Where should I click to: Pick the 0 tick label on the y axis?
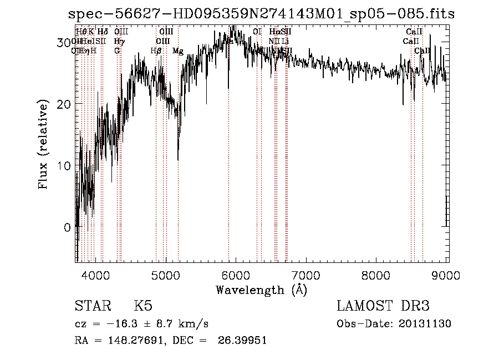point(67,227)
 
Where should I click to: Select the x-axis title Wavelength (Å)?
point(261,290)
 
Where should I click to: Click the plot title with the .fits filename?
point(261,14)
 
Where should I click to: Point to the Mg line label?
point(177,51)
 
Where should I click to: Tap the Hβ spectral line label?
point(156,51)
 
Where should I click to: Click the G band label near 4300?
point(117,51)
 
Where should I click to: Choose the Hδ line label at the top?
point(103,32)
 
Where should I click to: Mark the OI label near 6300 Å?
point(257,32)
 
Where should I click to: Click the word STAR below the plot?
point(92,306)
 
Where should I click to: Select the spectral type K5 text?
point(143,306)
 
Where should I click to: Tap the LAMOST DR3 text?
point(383,306)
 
